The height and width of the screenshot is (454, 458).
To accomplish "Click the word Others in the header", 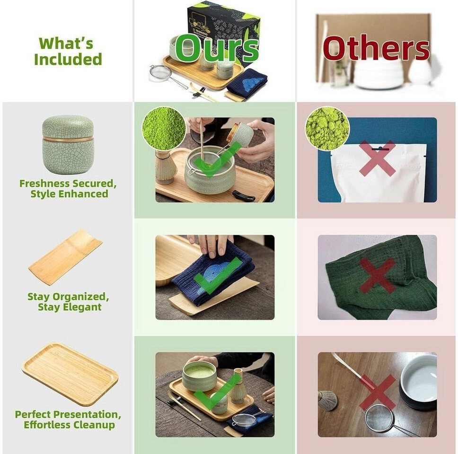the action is [376, 48].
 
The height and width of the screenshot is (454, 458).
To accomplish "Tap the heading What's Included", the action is [68, 51].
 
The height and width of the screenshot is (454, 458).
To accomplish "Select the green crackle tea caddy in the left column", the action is [68, 144].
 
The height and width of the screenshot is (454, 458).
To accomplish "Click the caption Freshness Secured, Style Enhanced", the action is [68, 189].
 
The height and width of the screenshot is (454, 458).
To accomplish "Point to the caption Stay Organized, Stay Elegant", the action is [68, 302].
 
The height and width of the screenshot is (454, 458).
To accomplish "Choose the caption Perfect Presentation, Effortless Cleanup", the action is [68, 419].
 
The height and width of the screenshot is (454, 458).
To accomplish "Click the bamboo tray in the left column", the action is [70, 374].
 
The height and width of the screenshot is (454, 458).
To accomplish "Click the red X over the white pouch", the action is [377, 158].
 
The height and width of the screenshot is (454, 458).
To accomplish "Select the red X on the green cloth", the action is [377, 276].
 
